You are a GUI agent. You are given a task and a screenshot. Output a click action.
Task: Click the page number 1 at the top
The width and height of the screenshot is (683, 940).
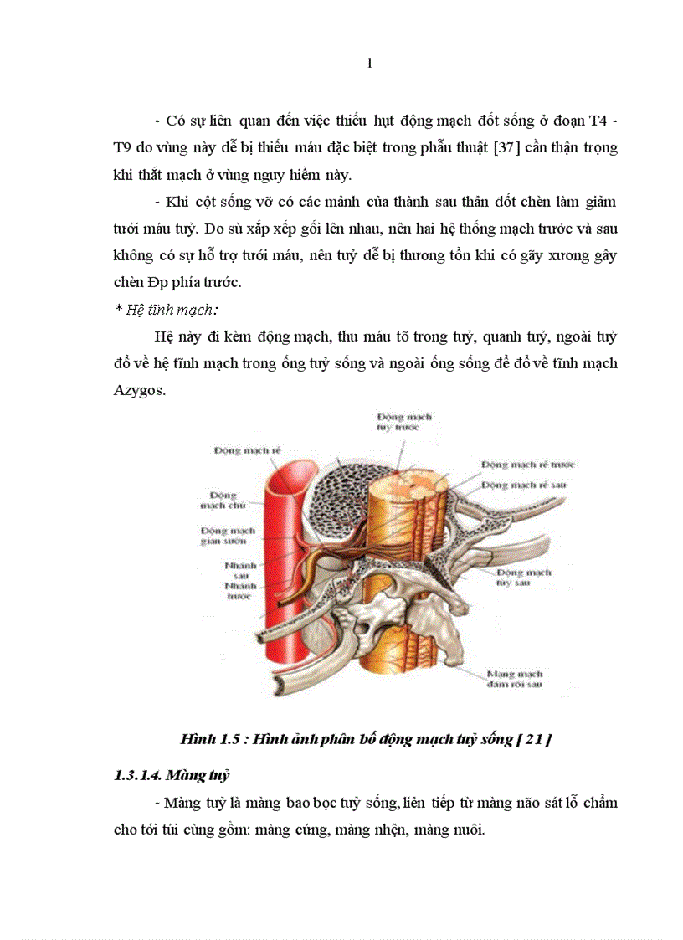click(x=369, y=65)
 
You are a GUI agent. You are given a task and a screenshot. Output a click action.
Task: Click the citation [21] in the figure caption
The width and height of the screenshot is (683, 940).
click(x=535, y=739)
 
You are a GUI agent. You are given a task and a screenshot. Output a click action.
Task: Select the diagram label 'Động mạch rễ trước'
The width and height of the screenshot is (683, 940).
click(x=527, y=464)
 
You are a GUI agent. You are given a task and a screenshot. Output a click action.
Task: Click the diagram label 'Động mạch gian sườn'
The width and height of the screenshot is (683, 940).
click(x=229, y=536)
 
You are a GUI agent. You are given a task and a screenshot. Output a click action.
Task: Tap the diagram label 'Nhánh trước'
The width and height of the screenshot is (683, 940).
click(x=239, y=592)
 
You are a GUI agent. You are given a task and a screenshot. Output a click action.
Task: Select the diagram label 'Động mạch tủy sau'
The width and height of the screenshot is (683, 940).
click(x=523, y=578)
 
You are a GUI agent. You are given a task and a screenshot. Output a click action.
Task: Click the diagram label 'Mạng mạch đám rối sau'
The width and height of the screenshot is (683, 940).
click(x=514, y=679)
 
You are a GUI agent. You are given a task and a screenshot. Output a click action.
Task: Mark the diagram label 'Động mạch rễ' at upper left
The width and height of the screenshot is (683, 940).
click(x=247, y=450)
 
